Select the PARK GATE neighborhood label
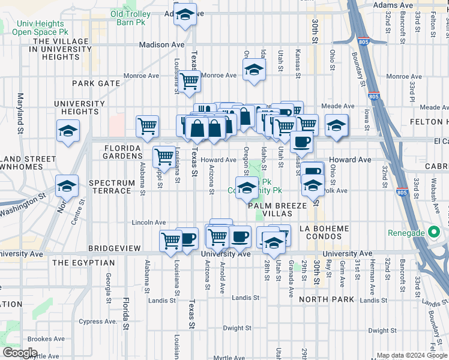coord(96,83)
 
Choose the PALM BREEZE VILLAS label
coord(278,209)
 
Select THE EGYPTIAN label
coord(83,263)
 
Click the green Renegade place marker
coord(432,233)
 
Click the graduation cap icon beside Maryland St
coord(68,131)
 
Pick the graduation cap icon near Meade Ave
coord(336,125)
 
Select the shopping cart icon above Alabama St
coord(147,126)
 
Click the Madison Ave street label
coord(161,44)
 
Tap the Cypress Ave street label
coord(99,321)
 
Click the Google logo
coord(20,353)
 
